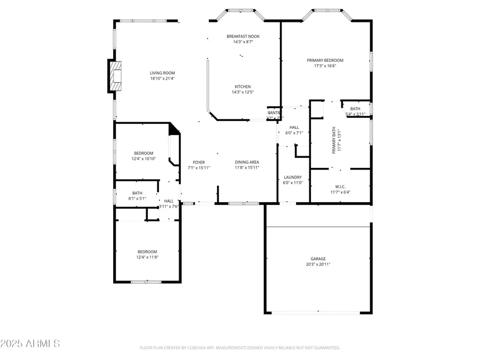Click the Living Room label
(162, 73)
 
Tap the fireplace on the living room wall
(115, 76)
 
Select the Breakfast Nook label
(243, 36)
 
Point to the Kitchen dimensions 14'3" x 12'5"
(243, 92)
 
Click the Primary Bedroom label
(325, 60)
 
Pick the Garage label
(318, 259)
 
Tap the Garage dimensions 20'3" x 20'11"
(318, 265)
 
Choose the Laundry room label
(293, 177)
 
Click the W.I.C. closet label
(340, 186)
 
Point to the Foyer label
(198, 162)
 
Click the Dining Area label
(247, 162)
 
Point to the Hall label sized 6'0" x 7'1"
(294, 127)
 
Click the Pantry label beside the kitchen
(274, 113)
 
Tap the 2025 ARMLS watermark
(30, 343)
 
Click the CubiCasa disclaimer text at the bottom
(239, 348)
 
